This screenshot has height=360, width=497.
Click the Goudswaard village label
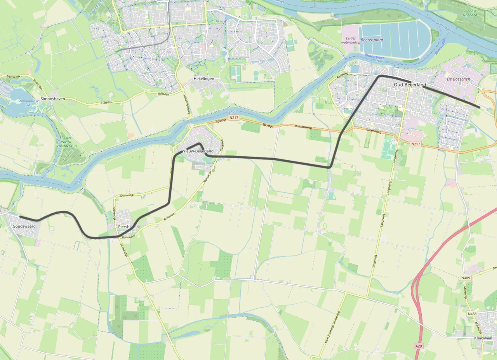point(24,226)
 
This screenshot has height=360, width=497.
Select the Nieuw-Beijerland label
point(198,151)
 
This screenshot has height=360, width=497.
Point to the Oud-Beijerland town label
point(410,85)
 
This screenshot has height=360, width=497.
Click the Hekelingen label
point(203,79)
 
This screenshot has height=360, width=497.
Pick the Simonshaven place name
point(53,99)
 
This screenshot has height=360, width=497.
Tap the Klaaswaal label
point(483,338)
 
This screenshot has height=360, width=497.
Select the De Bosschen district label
point(459,79)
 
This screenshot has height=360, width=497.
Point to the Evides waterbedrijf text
point(351,40)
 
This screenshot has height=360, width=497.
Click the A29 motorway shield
point(418,346)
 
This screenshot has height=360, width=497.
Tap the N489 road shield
point(466,278)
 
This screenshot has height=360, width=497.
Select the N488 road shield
point(472,314)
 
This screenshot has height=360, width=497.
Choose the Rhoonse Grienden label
point(470,14)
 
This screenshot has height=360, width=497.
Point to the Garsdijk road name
point(106,103)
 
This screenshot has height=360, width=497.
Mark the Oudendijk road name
point(127,195)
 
